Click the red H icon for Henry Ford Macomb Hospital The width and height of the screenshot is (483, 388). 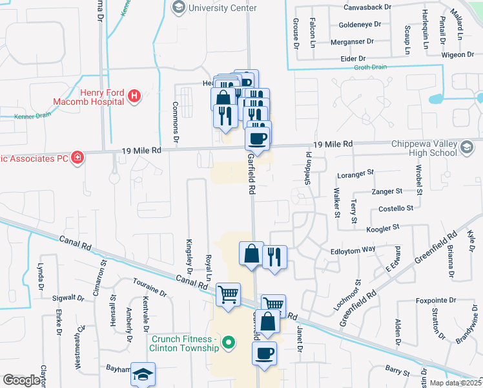[x=134, y=97]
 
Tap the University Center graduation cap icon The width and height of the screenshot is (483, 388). [x=178, y=8]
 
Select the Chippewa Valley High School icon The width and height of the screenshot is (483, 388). [x=464, y=149]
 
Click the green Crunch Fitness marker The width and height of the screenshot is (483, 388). [x=227, y=343]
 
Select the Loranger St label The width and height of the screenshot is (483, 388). [x=356, y=173]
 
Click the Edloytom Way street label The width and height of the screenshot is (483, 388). [x=353, y=249]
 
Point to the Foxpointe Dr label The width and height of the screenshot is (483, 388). [x=434, y=300]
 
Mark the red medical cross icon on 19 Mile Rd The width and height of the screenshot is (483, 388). [x=77, y=156]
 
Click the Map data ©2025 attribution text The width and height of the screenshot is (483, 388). [x=455, y=383]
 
